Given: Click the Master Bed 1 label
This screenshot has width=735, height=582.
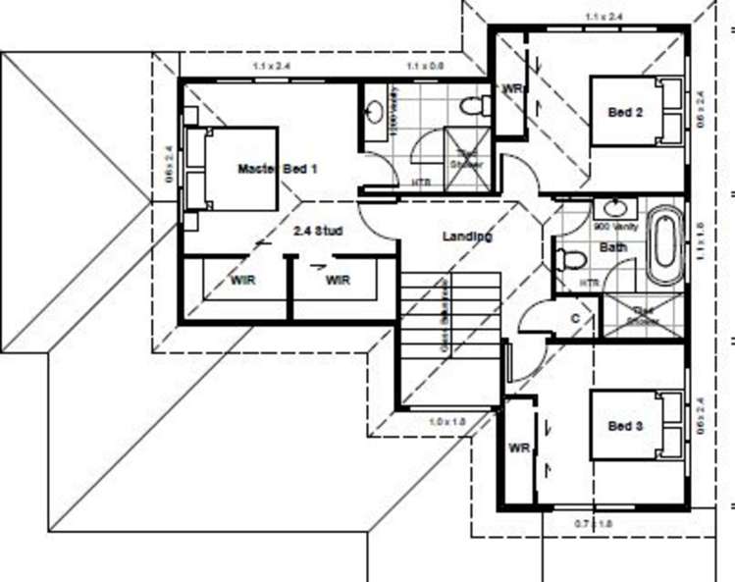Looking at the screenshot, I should (x=278, y=169).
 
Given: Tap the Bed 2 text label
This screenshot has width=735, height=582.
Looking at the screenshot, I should (x=625, y=113).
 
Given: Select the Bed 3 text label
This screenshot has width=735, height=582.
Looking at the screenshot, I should (x=625, y=426).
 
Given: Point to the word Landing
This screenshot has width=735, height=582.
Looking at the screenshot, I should (x=467, y=237).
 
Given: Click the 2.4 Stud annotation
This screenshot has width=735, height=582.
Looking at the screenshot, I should (x=318, y=233).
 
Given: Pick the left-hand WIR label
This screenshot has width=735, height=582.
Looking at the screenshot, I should (x=244, y=281).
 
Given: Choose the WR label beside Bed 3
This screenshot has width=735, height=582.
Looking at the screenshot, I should (x=520, y=449).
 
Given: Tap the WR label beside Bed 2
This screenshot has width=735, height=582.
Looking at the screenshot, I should (x=512, y=88).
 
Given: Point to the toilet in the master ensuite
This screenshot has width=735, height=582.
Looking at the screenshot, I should (x=471, y=104).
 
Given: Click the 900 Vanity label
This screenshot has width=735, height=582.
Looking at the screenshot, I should (x=616, y=227).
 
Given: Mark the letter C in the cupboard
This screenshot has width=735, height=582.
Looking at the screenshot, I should (x=574, y=319).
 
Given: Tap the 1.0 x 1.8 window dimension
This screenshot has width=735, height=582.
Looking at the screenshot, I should (x=447, y=421).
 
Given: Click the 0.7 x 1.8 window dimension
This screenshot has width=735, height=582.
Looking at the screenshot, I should (x=592, y=525).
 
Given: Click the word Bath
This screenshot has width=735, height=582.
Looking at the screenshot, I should (x=613, y=247).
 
